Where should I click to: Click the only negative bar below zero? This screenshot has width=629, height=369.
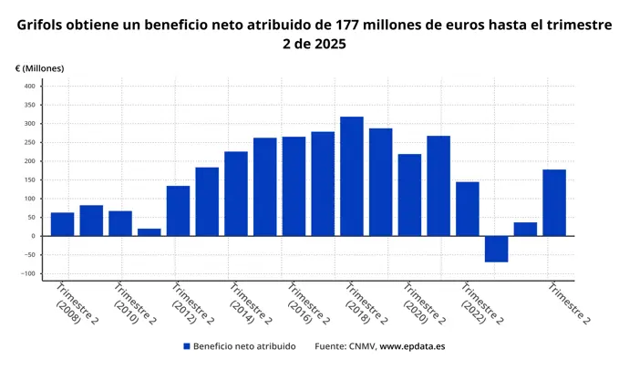click(496, 249)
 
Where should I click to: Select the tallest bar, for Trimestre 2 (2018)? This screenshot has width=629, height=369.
click(352, 176)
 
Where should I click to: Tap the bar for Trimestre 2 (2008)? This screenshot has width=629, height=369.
click(63, 224)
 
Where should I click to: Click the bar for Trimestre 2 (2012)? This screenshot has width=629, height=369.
click(178, 210)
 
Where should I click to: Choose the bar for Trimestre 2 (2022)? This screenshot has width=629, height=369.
click(468, 209)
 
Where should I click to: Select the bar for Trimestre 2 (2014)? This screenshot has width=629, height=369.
click(236, 193)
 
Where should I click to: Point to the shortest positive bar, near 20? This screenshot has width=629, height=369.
click(150, 231)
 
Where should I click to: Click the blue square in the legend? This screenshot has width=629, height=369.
click(186, 346)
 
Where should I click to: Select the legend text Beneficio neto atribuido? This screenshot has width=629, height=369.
click(244, 346)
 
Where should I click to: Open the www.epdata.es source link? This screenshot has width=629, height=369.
click(412, 346)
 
